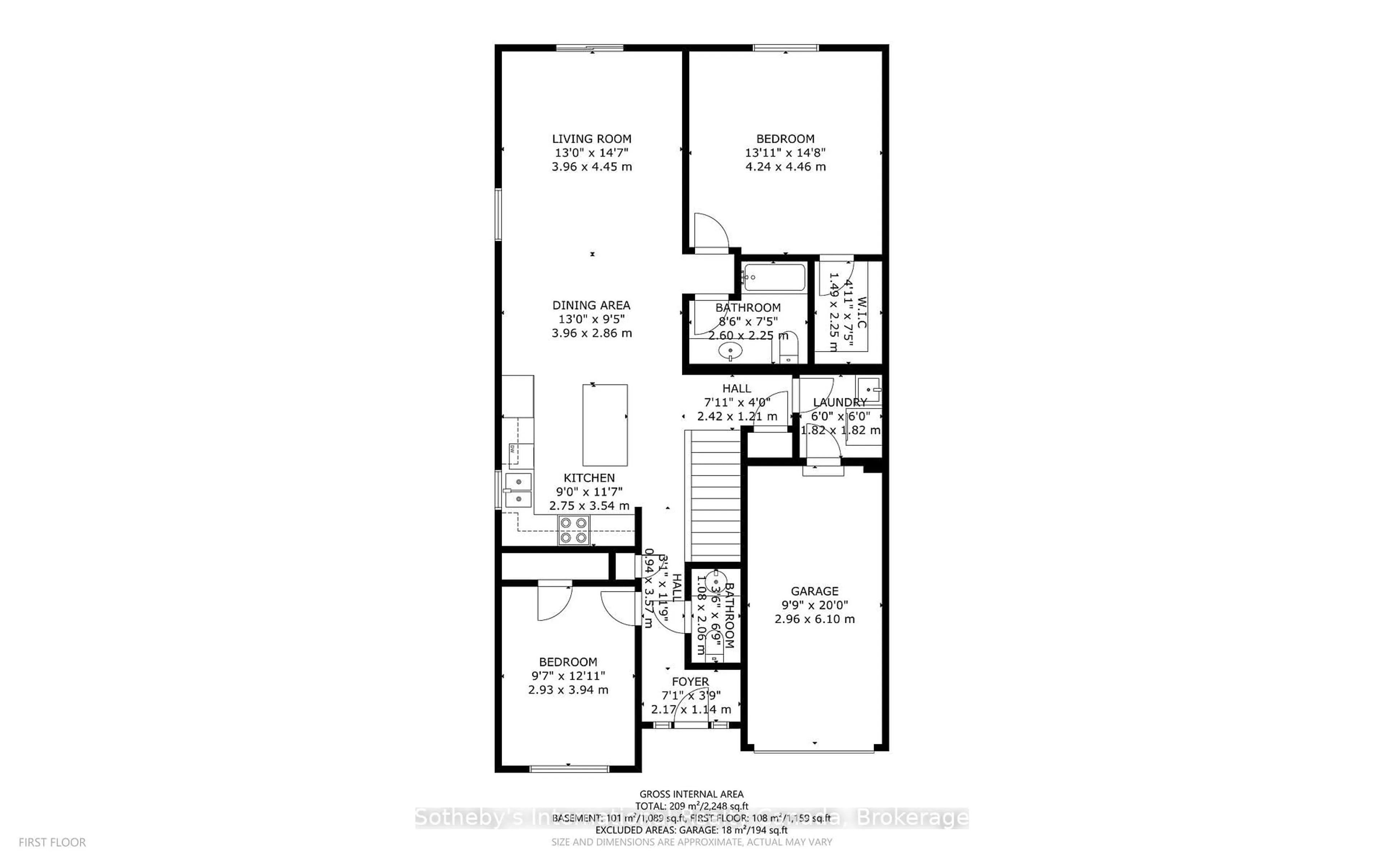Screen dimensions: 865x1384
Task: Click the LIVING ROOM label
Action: [x=591, y=138]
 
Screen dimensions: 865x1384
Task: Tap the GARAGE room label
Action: [x=815, y=591]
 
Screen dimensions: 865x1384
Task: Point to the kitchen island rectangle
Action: [x=604, y=425]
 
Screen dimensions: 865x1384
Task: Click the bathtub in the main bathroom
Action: [x=774, y=278]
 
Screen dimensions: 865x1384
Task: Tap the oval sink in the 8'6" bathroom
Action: [x=730, y=350]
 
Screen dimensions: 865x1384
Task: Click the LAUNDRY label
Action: [x=839, y=402]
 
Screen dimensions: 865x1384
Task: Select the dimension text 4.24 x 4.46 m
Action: [x=785, y=167]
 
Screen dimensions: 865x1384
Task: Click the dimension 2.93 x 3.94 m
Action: [x=568, y=690]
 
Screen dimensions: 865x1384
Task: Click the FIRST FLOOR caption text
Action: [x=52, y=842]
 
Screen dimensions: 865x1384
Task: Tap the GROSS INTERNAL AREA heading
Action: [x=691, y=794]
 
